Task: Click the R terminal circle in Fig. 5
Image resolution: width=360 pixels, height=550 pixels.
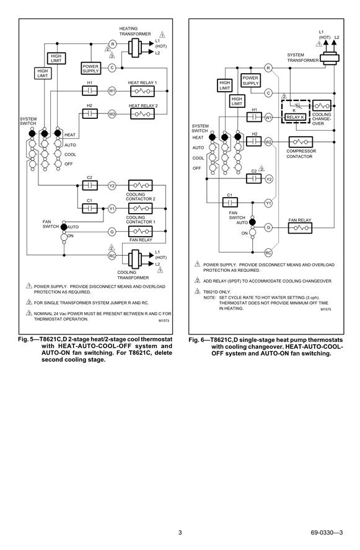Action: pos(113,44)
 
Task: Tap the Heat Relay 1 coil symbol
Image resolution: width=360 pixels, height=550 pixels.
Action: pos(142,91)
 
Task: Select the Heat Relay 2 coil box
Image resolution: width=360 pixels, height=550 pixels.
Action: pos(142,114)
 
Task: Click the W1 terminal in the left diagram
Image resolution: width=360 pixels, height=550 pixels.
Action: pos(112,91)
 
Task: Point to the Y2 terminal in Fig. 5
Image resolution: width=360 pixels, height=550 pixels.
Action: pos(112,186)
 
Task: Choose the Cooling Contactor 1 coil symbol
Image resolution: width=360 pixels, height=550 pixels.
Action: pos(141,208)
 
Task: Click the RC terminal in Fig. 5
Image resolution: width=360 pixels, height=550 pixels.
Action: pos(112,256)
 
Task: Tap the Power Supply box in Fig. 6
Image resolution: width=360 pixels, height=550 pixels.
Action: pos(250,81)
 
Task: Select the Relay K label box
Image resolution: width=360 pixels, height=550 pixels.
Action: pos(296,117)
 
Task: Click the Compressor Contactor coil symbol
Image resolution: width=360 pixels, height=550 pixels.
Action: pos(301,142)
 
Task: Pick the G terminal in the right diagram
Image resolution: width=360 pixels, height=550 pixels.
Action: pos(268,228)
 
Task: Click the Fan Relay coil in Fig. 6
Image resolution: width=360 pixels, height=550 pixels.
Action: pos(300,228)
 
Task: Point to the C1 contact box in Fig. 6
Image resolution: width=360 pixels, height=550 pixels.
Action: pos(230,203)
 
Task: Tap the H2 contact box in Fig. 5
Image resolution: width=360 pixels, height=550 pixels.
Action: pos(90,114)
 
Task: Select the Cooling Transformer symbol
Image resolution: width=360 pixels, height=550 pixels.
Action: pos(134,259)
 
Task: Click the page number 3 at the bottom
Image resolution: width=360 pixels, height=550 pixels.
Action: pos(180,533)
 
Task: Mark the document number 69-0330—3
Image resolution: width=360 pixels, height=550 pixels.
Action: pos(327,533)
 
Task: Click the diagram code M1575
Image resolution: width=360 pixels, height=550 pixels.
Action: pos(326,310)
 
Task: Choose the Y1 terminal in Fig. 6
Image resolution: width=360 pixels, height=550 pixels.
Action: pos(268,203)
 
